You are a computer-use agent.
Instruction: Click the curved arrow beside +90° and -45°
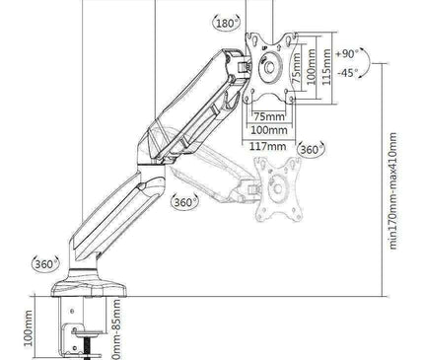pos(366,62)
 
